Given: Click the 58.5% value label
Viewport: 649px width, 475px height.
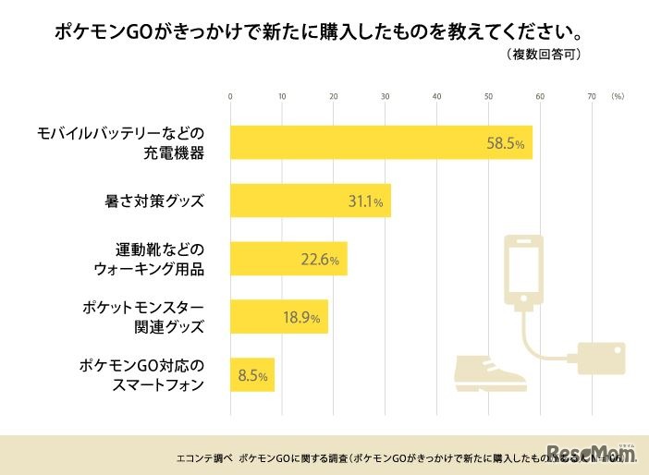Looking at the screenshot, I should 506,144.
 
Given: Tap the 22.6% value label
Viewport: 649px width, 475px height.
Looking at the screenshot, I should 320,261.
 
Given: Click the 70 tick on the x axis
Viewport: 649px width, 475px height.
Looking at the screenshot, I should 592,96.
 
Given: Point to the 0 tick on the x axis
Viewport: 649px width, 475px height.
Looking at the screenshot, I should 230,96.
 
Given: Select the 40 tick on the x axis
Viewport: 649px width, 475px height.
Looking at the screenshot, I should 436,96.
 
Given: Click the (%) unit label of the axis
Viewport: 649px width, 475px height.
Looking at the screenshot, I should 618,96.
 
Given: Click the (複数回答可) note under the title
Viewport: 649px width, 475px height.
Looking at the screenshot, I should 544,55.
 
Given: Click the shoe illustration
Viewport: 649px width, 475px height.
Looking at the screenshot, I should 490,370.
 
